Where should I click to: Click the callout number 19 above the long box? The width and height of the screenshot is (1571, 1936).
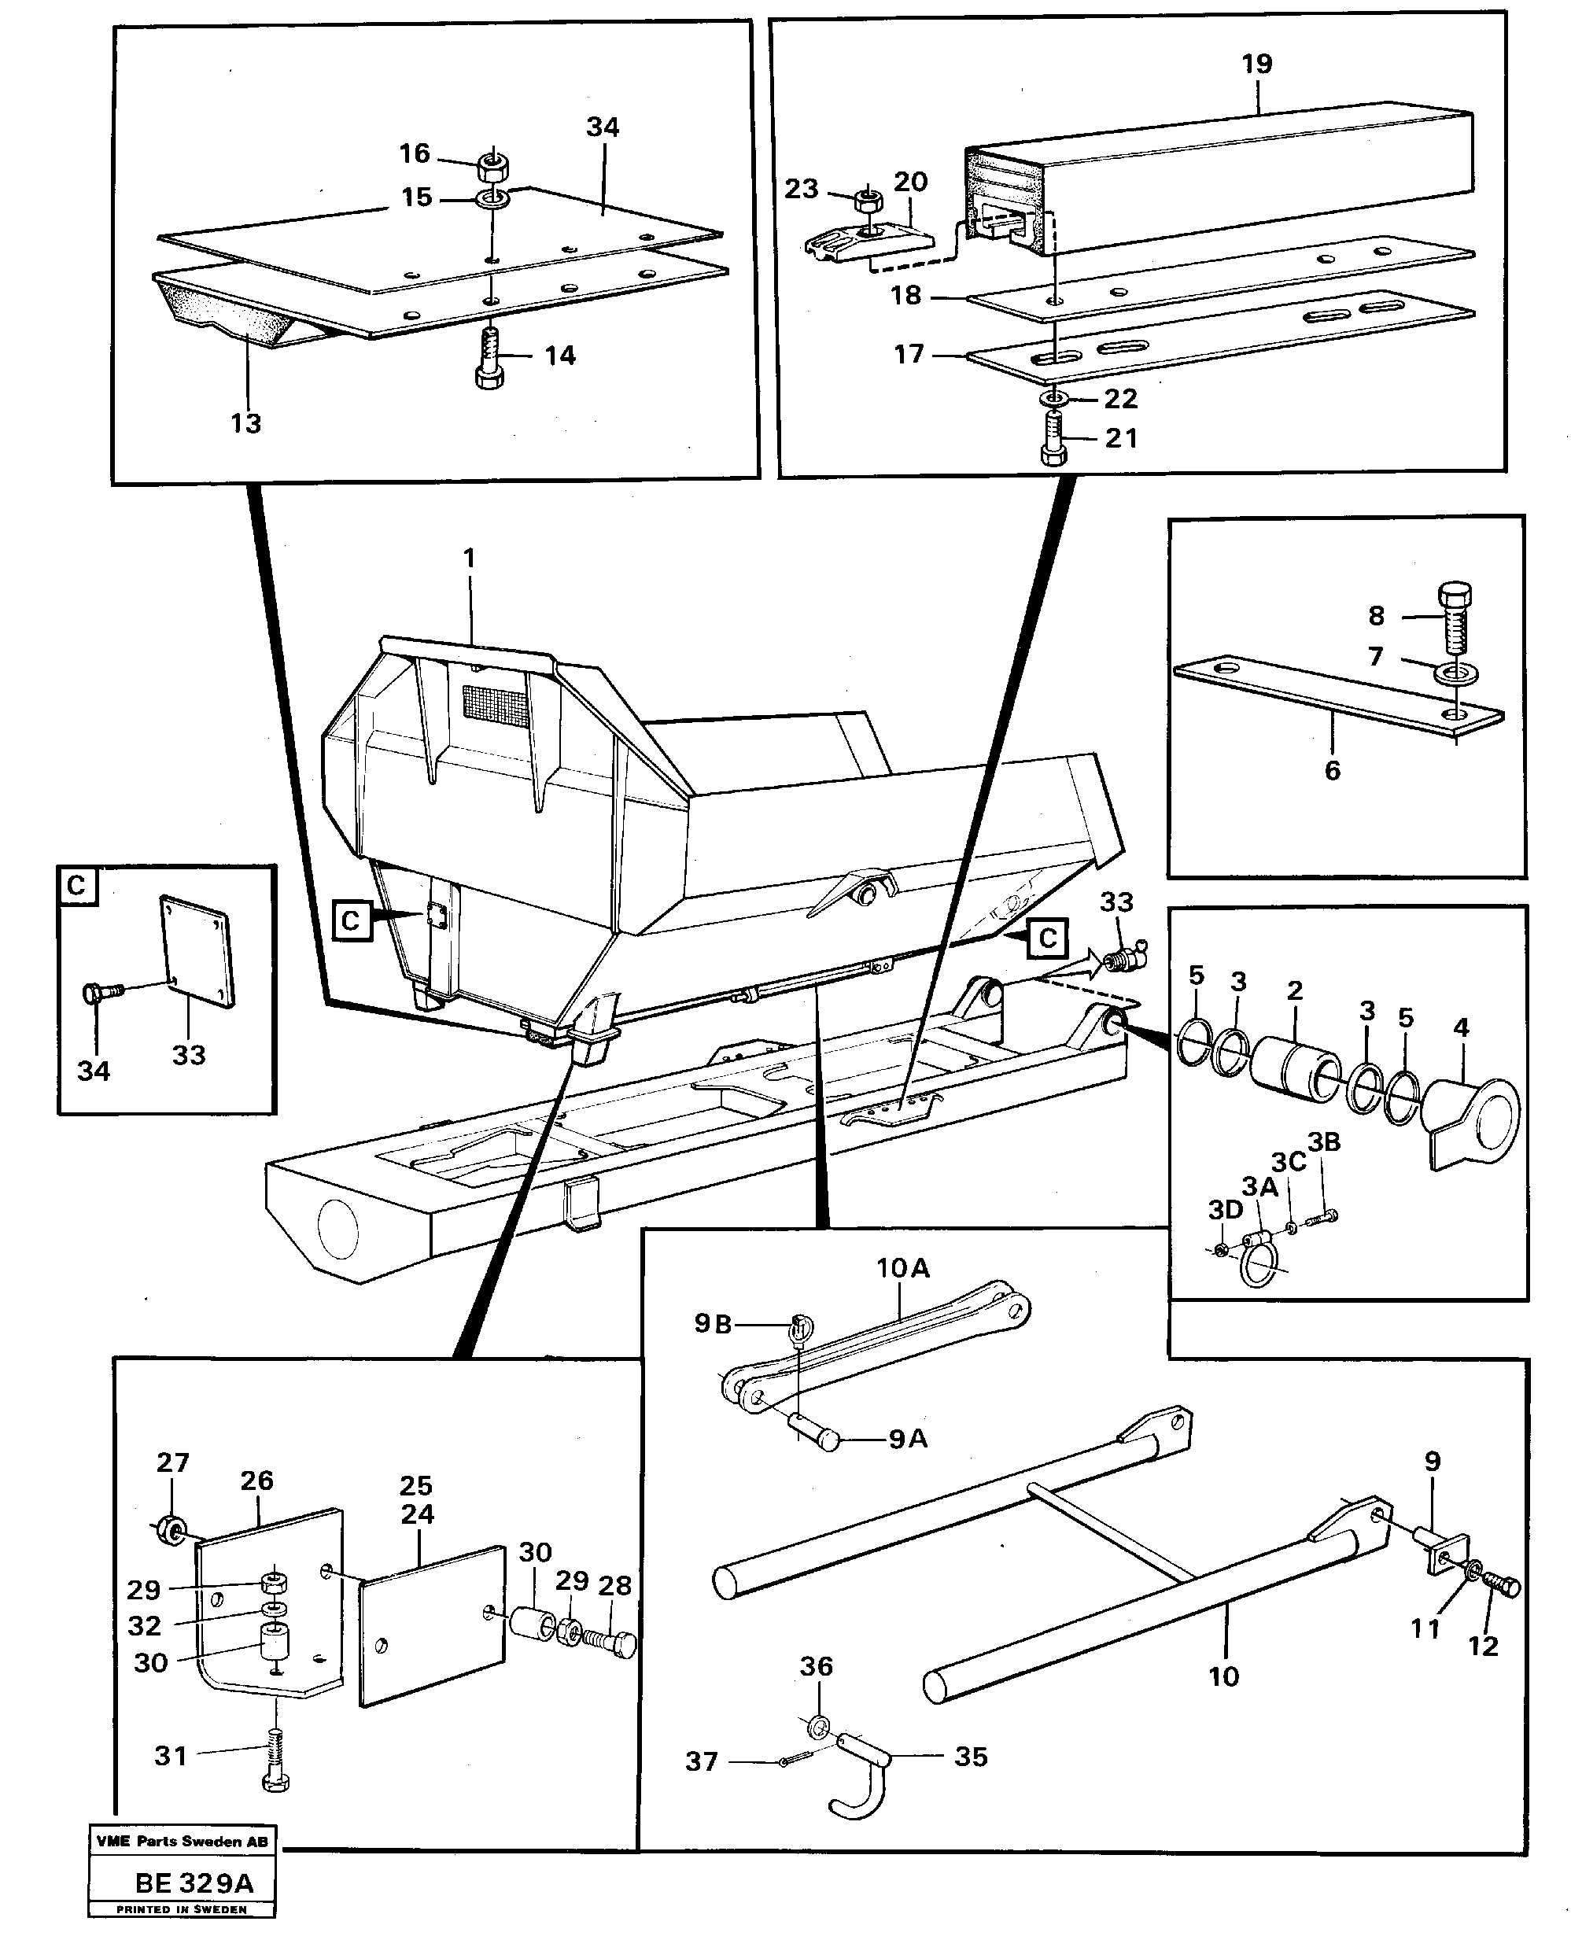[x=1256, y=65]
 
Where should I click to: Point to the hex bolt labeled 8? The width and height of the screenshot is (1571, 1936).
[x=1453, y=618]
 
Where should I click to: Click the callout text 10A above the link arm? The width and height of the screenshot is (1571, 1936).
[x=902, y=1269]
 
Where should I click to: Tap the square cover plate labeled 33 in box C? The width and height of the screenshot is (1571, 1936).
[x=197, y=951]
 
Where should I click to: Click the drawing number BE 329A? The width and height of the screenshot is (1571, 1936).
[x=194, y=1883]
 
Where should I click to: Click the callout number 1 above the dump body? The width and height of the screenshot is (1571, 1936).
[x=469, y=559]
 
